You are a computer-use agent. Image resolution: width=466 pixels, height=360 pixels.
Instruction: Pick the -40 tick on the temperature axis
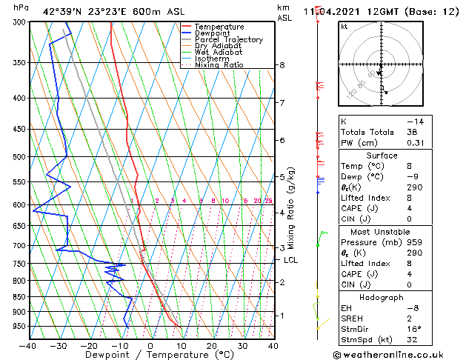pyautogui.click(x=28, y=345)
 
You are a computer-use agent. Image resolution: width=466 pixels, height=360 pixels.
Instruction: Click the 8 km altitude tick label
pyautogui.click(x=282, y=65)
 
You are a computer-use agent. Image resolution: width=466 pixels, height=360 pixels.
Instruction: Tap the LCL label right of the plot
pyautogui.click(x=290, y=260)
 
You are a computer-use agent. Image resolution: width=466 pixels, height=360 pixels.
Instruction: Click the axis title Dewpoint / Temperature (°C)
pyautogui.click(x=150, y=355)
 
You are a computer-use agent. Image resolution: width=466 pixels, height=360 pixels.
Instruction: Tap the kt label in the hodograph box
pyautogui.click(x=344, y=26)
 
